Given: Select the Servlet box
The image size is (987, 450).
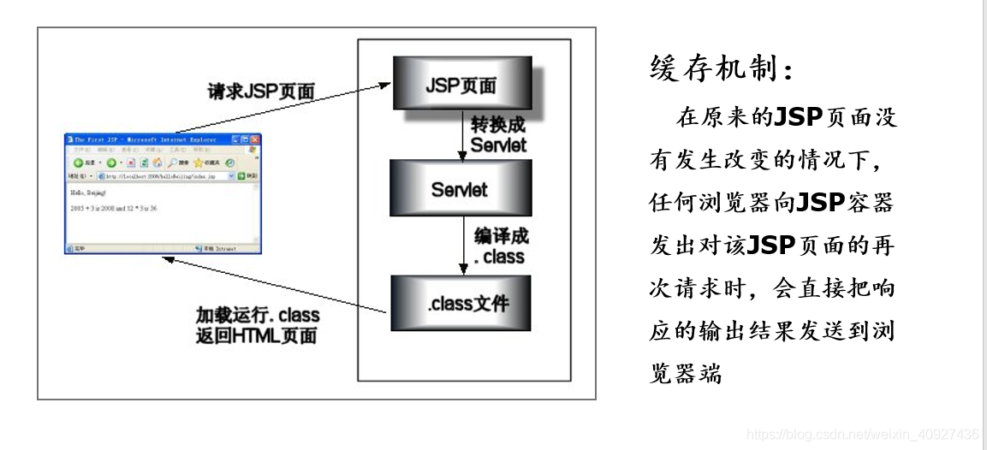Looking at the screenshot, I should pyautogui.click(x=460, y=188).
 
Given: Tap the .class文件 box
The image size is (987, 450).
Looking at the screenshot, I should pyautogui.click(x=461, y=303).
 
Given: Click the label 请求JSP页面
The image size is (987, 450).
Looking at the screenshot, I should pyautogui.click(x=261, y=91).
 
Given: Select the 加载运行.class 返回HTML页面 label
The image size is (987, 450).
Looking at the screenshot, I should pyautogui.click(x=257, y=325).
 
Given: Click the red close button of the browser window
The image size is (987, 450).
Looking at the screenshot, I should pyautogui.click(x=254, y=139).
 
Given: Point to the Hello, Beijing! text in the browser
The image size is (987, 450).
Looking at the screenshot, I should pyautogui.click(x=89, y=194).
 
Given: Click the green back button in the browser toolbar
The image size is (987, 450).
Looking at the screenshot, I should pyautogui.click(x=77, y=162).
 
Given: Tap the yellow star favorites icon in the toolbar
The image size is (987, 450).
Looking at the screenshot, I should pyautogui.click(x=198, y=162).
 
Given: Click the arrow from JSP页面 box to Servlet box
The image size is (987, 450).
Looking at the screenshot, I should pyautogui.click(x=462, y=135).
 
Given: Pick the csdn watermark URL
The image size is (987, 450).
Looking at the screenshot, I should pyautogui.click(x=863, y=435).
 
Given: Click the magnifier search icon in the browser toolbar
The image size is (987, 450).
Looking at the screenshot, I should pyautogui.click(x=172, y=162).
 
